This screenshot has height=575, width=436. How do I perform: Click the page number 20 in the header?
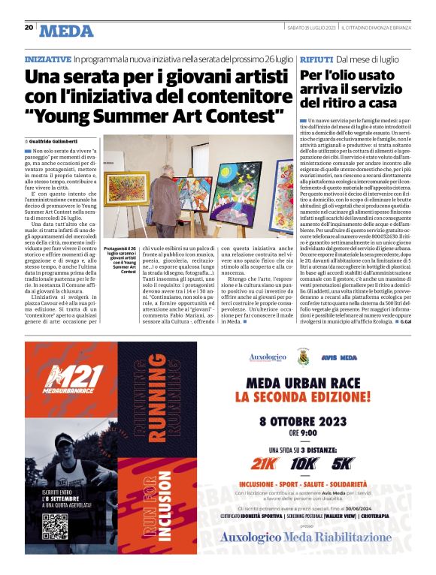[x=29, y=27]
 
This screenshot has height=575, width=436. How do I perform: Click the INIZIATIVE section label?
[x=47, y=59]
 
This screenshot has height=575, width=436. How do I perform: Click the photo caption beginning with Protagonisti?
[x=120, y=259]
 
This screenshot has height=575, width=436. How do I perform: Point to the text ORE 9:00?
[x=304, y=432]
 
